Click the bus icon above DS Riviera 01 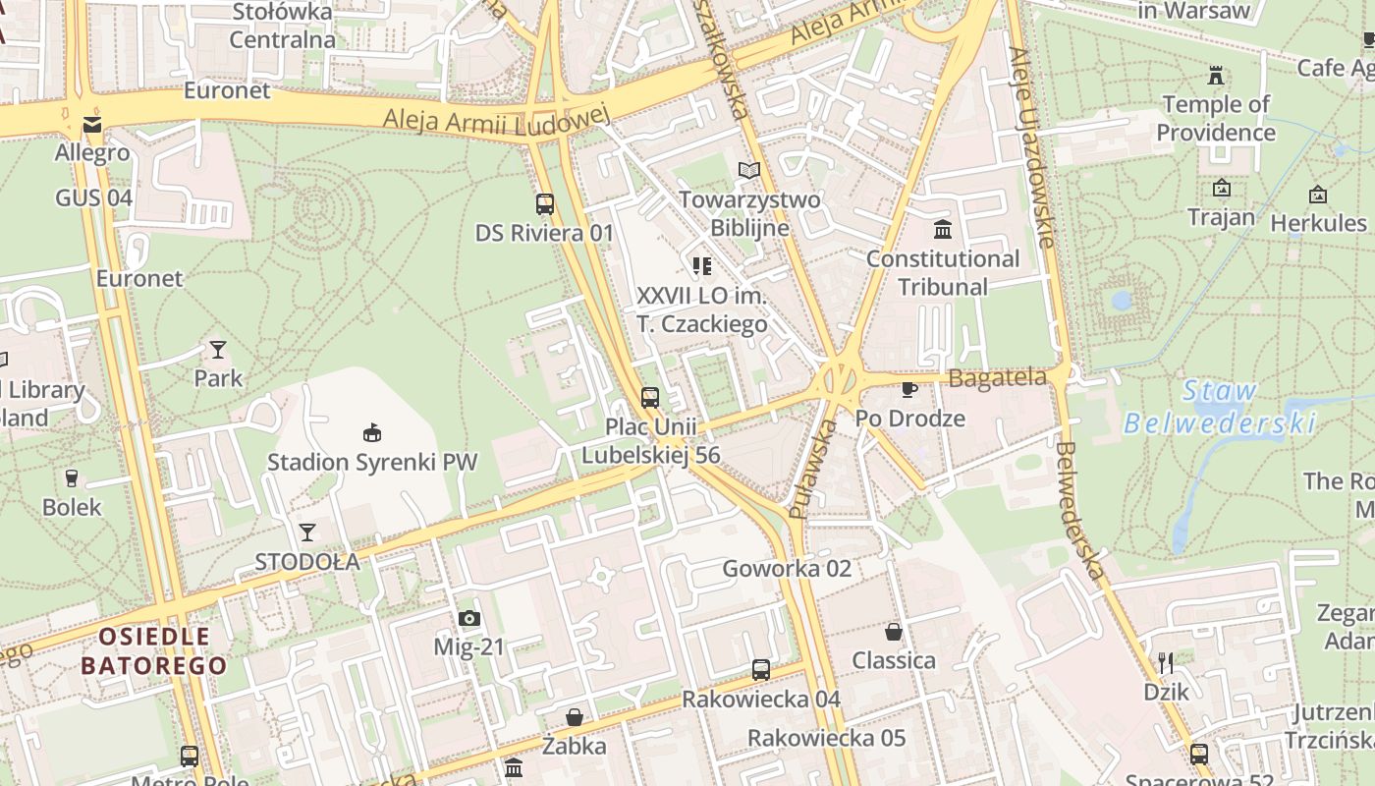click(x=545, y=204)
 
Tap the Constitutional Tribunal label click(x=943, y=273)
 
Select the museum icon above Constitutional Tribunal click(x=943, y=230)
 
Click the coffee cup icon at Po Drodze click(x=909, y=389)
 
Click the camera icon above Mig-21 click(x=469, y=618)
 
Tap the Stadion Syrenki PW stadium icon click(x=372, y=432)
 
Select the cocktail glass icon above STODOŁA click(x=307, y=533)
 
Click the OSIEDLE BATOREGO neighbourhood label click(x=153, y=651)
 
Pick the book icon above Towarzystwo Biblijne click(x=749, y=171)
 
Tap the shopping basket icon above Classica click(x=894, y=631)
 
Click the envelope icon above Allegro click(x=92, y=124)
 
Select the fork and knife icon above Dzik click(x=1166, y=662)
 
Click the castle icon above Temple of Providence click(x=1216, y=76)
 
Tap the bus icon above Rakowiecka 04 click(x=761, y=670)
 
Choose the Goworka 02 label click(x=787, y=569)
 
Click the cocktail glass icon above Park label click(x=217, y=350)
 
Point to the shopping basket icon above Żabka click(x=575, y=717)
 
